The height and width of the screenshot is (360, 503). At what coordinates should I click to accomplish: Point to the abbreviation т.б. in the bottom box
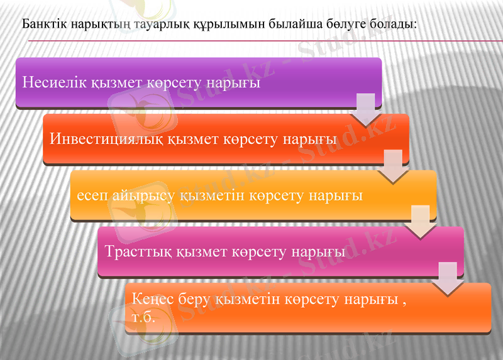[144, 318]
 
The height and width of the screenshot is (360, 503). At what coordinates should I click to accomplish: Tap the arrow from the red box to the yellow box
[393, 166]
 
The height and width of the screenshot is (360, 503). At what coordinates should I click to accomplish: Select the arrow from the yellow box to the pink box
[420, 222]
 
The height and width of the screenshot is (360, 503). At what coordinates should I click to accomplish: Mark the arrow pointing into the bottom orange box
[447, 278]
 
